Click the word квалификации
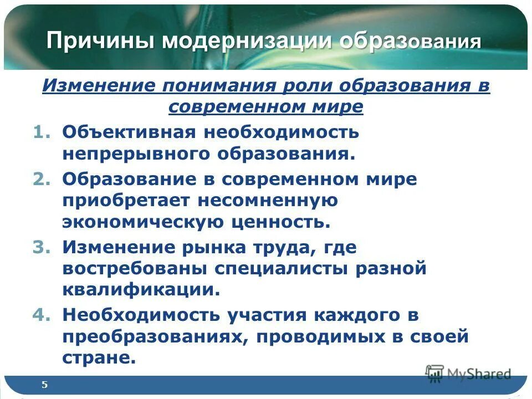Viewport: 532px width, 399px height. [x=141, y=290]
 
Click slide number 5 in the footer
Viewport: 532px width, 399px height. [x=44, y=385]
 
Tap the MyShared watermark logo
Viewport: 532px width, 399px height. [x=468, y=374]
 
